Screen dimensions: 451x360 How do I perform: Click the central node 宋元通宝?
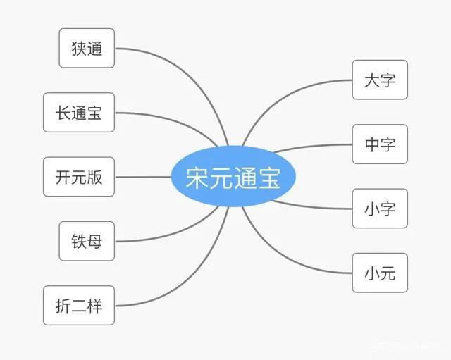click(x=233, y=176)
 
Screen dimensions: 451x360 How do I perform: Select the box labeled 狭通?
click(x=87, y=48)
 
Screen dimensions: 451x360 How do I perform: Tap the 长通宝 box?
click(x=79, y=113)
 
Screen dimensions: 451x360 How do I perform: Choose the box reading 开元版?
click(x=79, y=177)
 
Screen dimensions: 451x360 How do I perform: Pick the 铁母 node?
click(x=87, y=241)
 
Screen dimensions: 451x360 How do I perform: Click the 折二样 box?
click(x=79, y=306)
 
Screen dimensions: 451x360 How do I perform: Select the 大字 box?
click(x=380, y=80)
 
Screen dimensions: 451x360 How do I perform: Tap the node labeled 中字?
click(x=380, y=144)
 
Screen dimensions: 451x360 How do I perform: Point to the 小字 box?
click(x=380, y=209)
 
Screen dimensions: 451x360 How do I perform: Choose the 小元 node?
click(x=380, y=273)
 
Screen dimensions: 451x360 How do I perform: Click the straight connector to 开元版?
click(x=143, y=177)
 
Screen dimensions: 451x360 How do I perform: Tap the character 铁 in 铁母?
click(x=79, y=242)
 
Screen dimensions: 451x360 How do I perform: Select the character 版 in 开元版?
click(x=94, y=177)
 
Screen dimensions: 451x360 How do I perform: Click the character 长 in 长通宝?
click(x=63, y=113)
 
